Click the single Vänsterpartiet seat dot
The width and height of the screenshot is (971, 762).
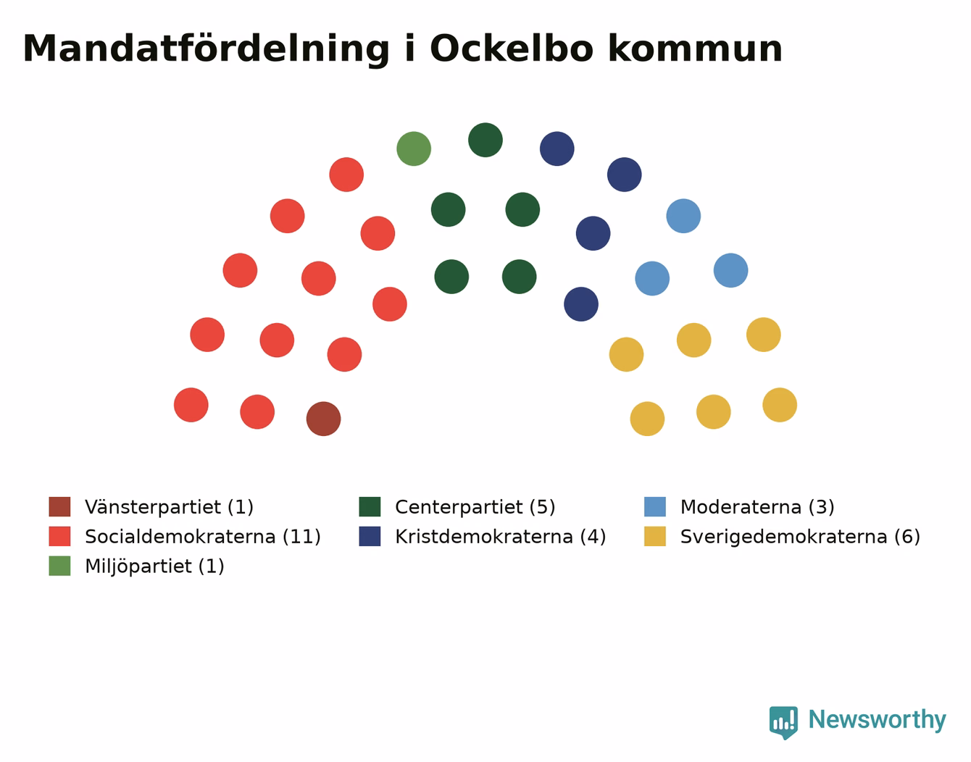point(323,419)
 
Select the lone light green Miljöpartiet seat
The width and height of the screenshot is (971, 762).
point(414,148)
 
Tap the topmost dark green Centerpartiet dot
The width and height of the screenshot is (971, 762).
point(485,140)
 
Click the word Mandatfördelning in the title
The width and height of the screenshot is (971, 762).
point(206,49)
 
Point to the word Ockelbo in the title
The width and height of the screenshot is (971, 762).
point(512,49)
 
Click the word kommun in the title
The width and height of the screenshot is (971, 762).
point(696,49)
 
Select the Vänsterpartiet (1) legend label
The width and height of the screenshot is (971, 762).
point(169,507)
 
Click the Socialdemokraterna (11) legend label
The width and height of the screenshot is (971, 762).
point(203,537)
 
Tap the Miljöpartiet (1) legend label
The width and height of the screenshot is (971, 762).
point(154,566)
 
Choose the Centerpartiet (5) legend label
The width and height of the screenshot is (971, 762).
point(475,507)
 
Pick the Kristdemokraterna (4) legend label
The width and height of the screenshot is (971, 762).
point(501,537)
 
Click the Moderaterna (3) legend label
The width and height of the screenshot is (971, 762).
point(757,507)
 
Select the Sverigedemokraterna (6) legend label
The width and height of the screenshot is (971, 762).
point(800,537)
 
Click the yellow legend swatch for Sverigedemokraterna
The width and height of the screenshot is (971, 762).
point(655,537)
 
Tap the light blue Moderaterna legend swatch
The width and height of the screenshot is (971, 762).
point(655,506)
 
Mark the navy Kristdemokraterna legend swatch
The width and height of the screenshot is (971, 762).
point(370,537)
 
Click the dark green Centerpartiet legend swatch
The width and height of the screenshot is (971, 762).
point(370,506)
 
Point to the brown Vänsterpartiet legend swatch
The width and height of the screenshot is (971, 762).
point(60,506)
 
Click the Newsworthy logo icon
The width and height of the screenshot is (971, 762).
point(783,723)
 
